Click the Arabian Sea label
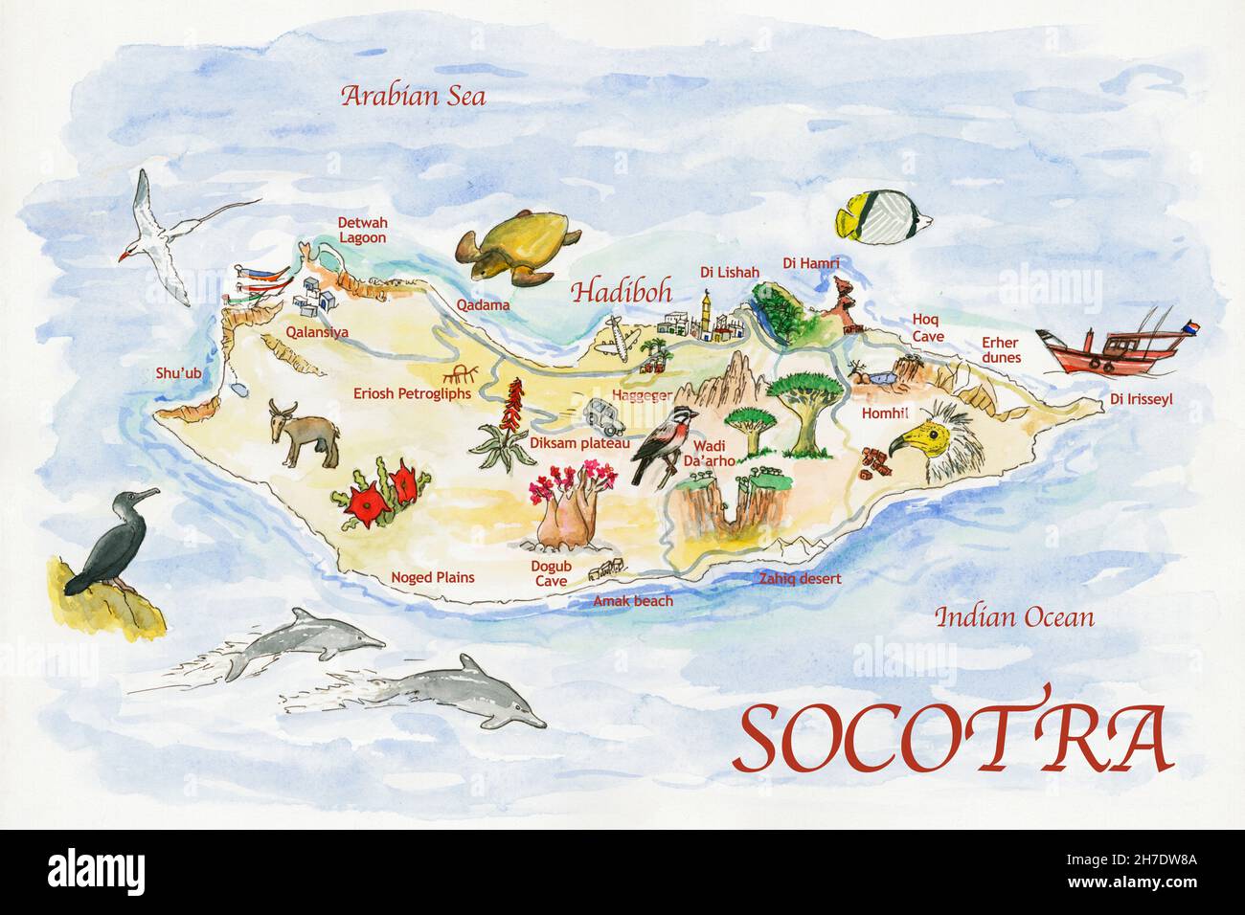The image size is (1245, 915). (x=415, y=97)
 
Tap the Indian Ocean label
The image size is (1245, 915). (x=1013, y=617)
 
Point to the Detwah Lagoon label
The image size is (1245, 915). (x=361, y=230)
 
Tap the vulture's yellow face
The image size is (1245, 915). (x=911, y=440)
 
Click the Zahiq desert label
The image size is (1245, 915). (x=799, y=579)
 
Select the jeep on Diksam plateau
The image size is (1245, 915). (x=603, y=415)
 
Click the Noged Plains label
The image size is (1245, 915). (x=432, y=578)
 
